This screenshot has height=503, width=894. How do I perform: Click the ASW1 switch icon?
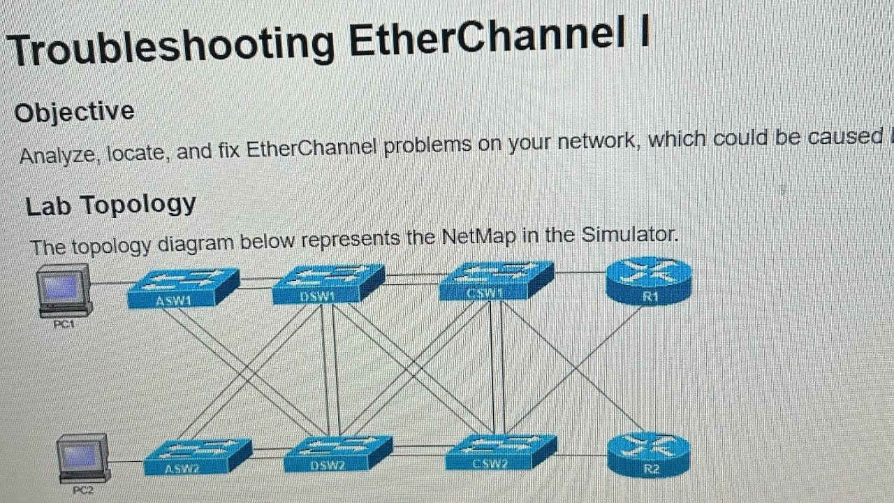[184, 289]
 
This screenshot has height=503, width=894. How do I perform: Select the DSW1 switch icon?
[328, 284]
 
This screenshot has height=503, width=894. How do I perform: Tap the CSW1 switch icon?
[495, 282]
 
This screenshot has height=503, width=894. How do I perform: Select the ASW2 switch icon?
[198, 458]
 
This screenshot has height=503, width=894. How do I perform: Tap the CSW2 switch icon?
[500, 453]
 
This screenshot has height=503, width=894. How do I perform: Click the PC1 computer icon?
[64, 290]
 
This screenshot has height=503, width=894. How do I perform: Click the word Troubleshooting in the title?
[172, 47]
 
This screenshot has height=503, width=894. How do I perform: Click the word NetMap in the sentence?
[479, 237]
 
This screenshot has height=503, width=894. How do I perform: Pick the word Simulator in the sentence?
[631, 234]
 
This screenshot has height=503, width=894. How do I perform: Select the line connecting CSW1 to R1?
[581, 272]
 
